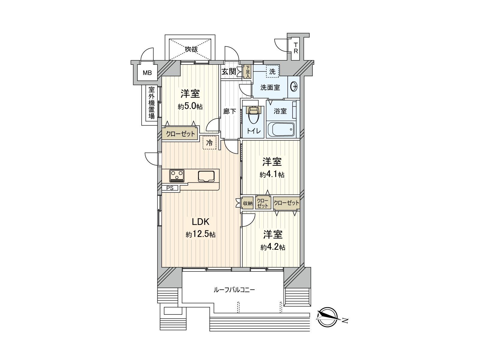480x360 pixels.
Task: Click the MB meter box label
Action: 147,73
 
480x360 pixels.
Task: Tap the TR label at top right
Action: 295,48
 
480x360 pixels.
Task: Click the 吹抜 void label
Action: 191,49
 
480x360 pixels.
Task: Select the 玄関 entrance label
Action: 229,71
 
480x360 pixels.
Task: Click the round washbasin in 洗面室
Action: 294,87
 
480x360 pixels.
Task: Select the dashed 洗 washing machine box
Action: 272,72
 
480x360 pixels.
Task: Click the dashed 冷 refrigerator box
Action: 210,143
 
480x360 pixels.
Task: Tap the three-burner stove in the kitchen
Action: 177,176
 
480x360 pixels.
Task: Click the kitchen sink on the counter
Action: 206,176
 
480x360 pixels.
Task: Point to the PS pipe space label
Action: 170,188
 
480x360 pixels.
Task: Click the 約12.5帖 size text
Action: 200,235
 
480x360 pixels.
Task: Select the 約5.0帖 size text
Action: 190,106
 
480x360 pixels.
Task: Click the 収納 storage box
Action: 248,203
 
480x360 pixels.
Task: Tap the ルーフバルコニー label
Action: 234,290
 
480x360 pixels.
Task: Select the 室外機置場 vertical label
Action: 151,103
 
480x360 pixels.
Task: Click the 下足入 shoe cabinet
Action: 247,72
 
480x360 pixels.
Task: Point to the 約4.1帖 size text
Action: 272,175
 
